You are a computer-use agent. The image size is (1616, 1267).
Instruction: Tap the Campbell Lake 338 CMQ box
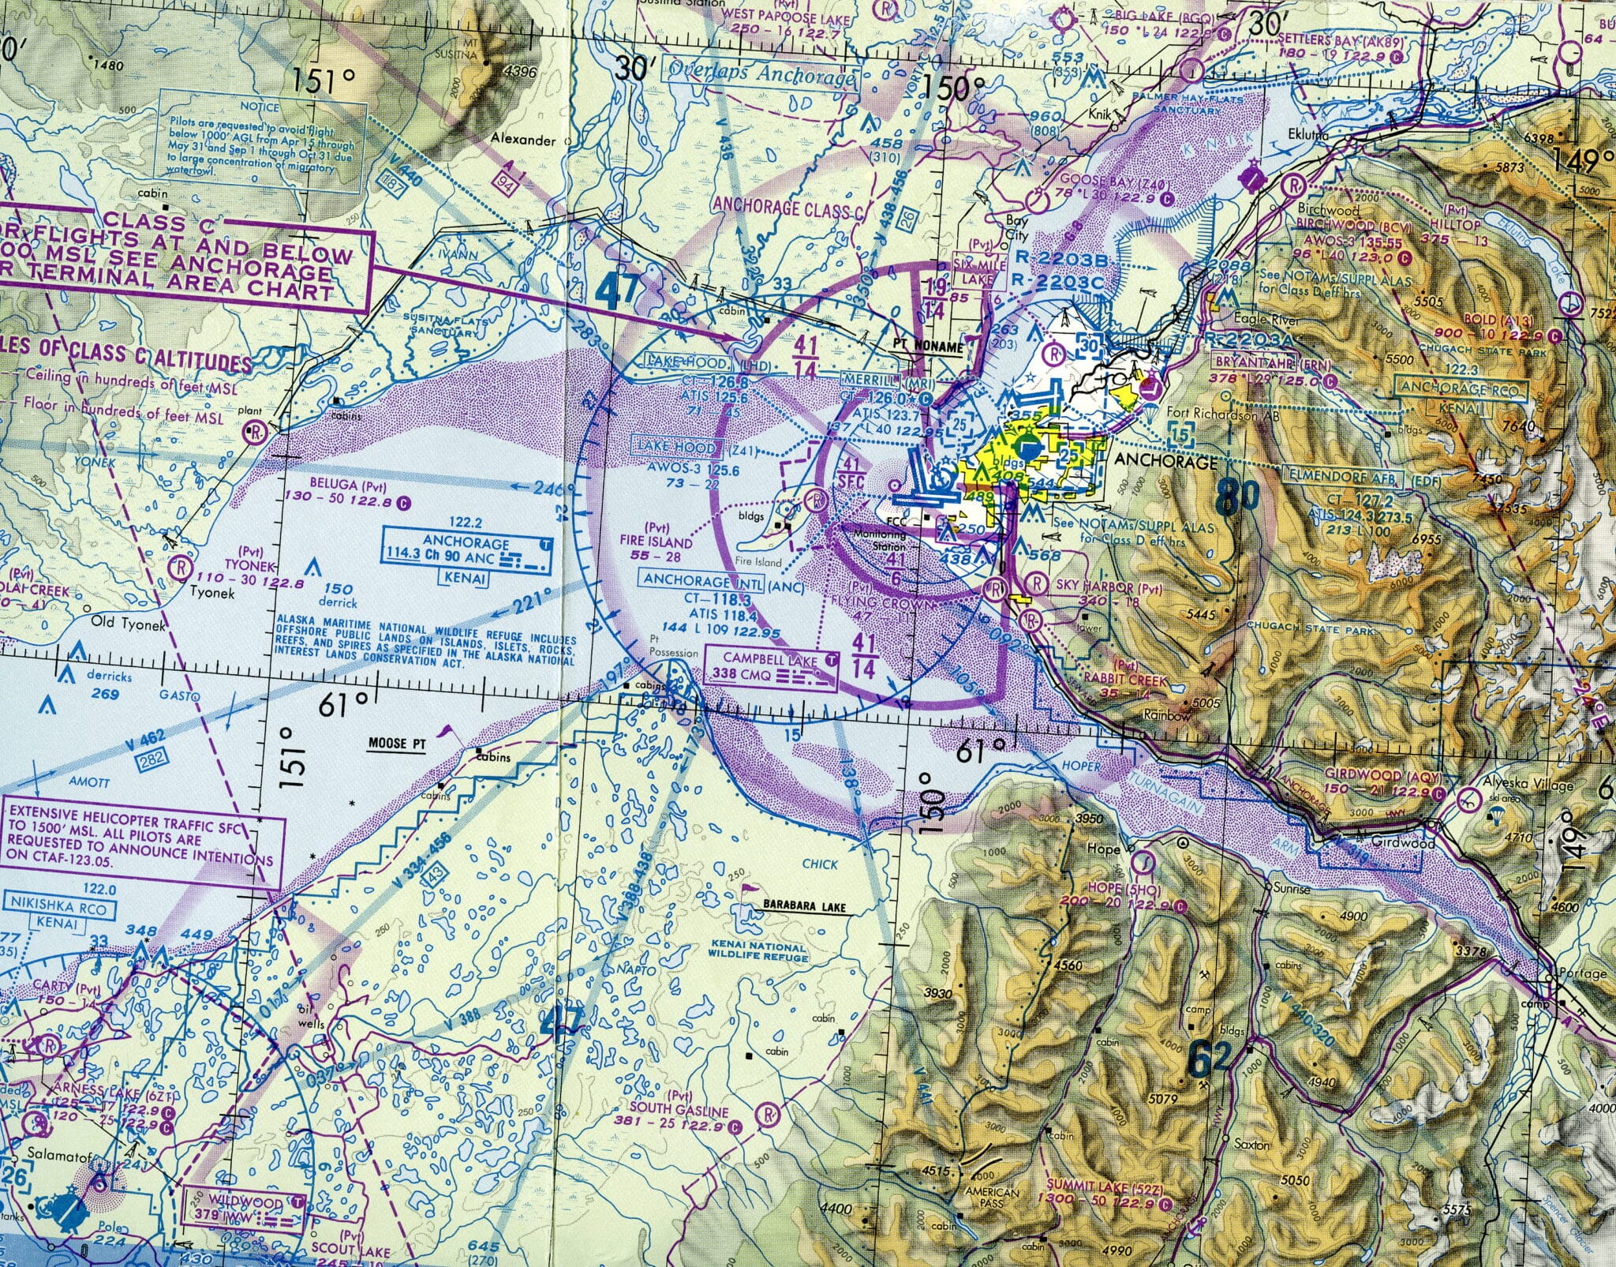(x=769, y=667)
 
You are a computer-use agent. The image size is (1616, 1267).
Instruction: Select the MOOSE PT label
(x=397, y=744)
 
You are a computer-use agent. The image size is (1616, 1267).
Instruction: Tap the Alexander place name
(x=523, y=140)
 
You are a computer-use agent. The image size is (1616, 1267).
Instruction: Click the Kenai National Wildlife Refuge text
(x=757, y=951)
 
